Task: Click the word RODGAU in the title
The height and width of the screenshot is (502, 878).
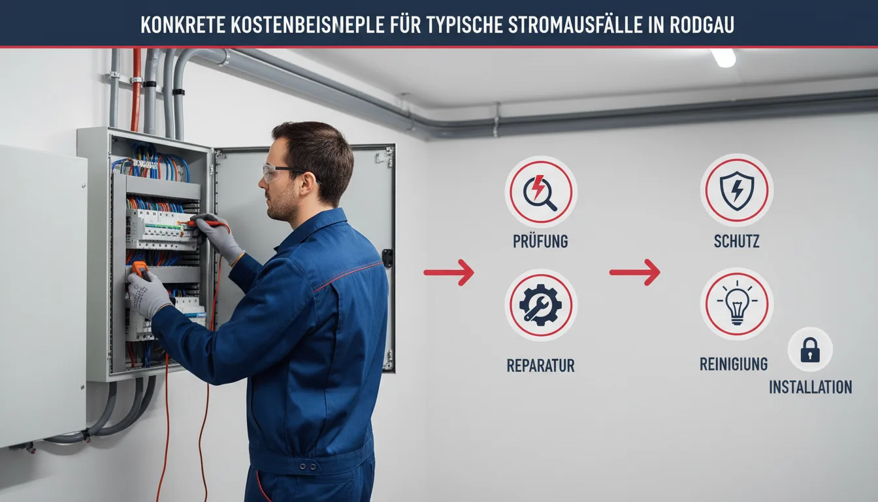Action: coord(702,25)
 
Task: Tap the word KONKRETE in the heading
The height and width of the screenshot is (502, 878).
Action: coord(183,25)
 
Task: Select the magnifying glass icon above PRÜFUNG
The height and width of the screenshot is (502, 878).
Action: coord(540,192)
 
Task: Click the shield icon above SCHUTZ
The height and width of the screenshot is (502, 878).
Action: coord(737,191)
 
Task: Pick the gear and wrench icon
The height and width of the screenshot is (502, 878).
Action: coord(540,305)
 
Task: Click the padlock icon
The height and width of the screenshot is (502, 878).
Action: coord(810,350)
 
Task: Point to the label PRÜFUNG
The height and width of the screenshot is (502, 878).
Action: coord(540,241)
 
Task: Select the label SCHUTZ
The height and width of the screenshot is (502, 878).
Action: coord(736,241)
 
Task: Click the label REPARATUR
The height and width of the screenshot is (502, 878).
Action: coord(540,365)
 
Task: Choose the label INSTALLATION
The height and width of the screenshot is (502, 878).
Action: coord(811,387)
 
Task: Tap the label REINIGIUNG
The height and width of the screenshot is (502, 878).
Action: coord(734,364)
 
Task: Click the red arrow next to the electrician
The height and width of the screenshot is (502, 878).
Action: coord(449,272)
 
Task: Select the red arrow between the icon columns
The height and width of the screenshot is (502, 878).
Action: coord(634,272)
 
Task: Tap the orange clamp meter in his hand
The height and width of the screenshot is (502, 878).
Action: coord(140,271)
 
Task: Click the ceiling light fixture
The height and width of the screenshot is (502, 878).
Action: coord(723,58)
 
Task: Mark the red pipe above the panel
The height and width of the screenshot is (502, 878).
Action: coord(136,90)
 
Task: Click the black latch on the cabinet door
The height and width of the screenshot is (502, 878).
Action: coord(387,258)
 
